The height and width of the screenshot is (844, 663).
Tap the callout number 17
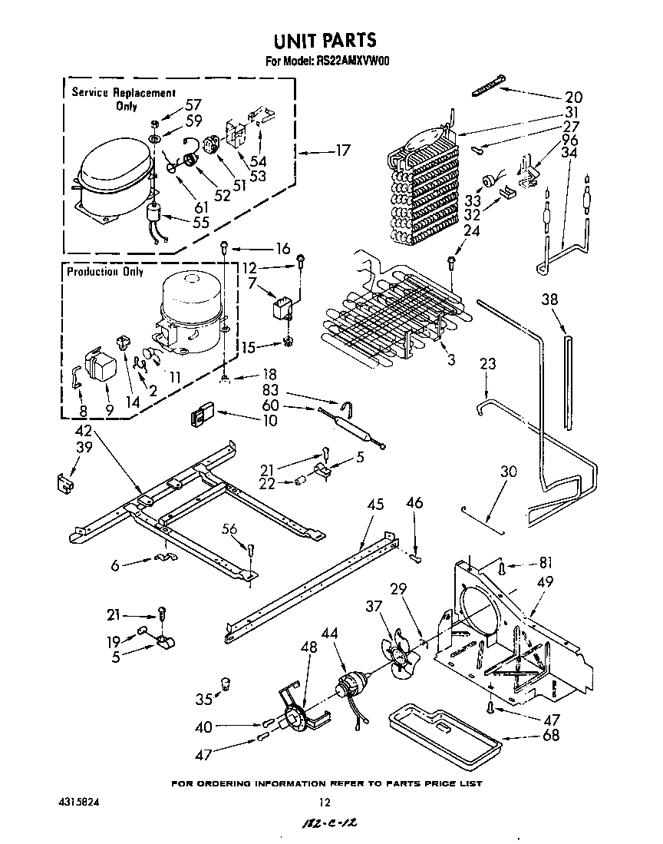tap(342, 151)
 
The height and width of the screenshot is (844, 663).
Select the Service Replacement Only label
tap(124, 99)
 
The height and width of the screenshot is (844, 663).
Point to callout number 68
tap(550, 735)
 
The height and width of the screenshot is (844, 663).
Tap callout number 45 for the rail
tap(375, 505)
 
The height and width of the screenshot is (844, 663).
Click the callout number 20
tap(573, 98)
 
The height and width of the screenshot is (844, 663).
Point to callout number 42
tap(84, 431)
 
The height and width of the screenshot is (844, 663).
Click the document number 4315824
tap(79, 802)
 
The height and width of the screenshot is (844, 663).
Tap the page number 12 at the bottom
tap(325, 803)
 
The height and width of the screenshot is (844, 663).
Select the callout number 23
tap(488, 364)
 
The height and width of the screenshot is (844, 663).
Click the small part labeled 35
tap(226, 682)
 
